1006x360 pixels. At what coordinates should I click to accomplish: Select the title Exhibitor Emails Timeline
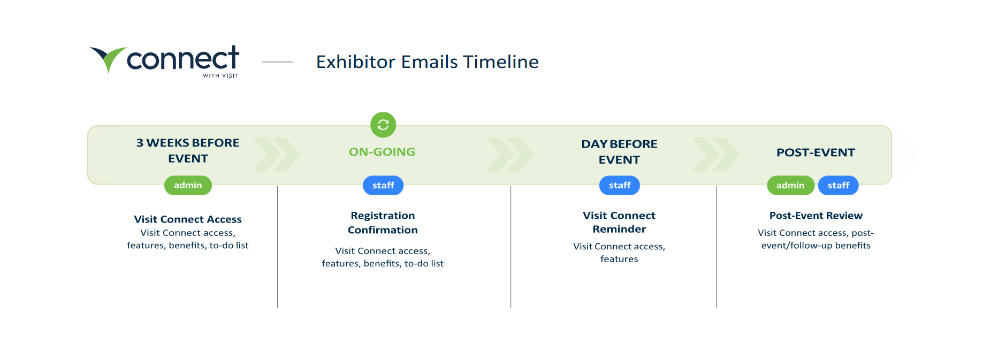[x=427, y=62]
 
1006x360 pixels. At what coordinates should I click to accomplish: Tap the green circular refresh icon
[x=383, y=125]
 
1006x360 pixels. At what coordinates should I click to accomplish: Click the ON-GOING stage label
[x=382, y=152]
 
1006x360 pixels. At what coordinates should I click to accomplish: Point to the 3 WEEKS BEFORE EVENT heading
[x=188, y=151]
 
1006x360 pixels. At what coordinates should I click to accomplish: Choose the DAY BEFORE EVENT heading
[x=619, y=152]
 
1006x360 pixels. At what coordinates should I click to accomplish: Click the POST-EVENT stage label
[x=816, y=152]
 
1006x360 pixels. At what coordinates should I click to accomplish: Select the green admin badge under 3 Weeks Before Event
[x=188, y=185]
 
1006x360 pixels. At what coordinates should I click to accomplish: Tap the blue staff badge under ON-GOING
[x=383, y=185]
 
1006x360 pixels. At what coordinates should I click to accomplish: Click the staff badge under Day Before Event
[x=620, y=185]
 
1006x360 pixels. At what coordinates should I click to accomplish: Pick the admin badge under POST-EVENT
[x=790, y=185]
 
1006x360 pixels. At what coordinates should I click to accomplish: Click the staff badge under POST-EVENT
[x=839, y=185]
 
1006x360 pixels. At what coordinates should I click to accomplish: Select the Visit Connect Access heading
[x=188, y=219]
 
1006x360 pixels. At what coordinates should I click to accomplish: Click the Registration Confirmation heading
[x=383, y=223]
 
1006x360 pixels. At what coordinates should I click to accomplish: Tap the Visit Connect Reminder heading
[x=619, y=222]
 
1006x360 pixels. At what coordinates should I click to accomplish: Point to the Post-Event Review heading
[x=816, y=216]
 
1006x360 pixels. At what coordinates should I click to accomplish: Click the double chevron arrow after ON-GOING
[x=511, y=155]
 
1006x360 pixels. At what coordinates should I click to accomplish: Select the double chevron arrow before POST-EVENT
[x=717, y=155]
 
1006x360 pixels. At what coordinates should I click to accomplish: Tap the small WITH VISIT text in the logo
[x=220, y=76]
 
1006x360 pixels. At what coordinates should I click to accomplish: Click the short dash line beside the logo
[x=277, y=62]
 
